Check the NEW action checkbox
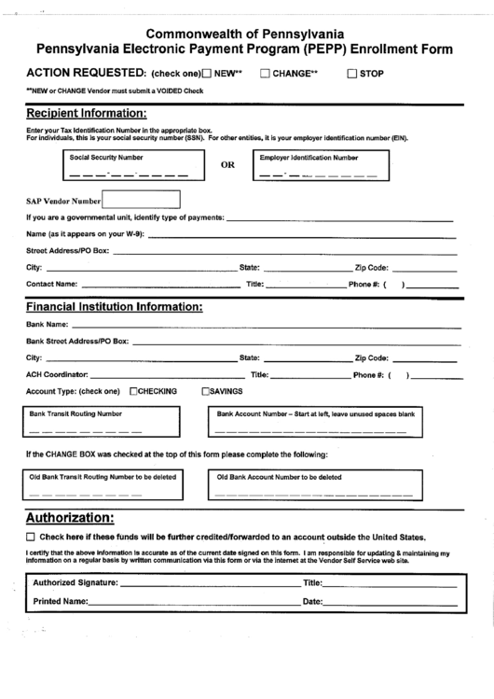[x=206, y=72]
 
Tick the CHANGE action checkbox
[x=265, y=72]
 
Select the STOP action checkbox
[x=352, y=72]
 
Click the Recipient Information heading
[x=86, y=113]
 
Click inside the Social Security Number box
[x=130, y=167]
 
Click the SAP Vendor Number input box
[x=141, y=200]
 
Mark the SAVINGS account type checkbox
[x=206, y=391]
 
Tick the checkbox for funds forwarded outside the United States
[x=31, y=538]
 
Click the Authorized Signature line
[x=205, y=584]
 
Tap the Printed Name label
[x=61, y=602]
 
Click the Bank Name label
[x=48, y=324]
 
